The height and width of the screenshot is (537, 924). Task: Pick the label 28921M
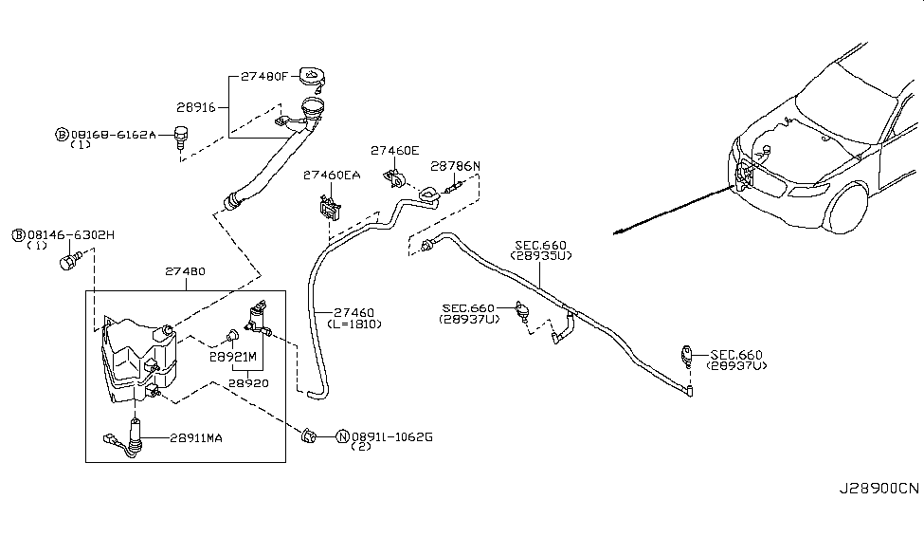tap(233, 357)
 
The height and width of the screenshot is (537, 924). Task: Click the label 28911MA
tap(197, 437)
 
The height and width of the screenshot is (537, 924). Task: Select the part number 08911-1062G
tap(391, 437)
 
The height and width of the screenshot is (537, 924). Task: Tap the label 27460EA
tap(332, 175)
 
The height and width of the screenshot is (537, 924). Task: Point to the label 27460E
tap(393, 150)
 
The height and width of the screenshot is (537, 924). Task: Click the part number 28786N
tap(455, 165)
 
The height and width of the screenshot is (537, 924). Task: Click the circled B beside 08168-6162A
tap(62, 136)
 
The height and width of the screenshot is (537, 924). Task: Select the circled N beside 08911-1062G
tap(341, 437)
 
